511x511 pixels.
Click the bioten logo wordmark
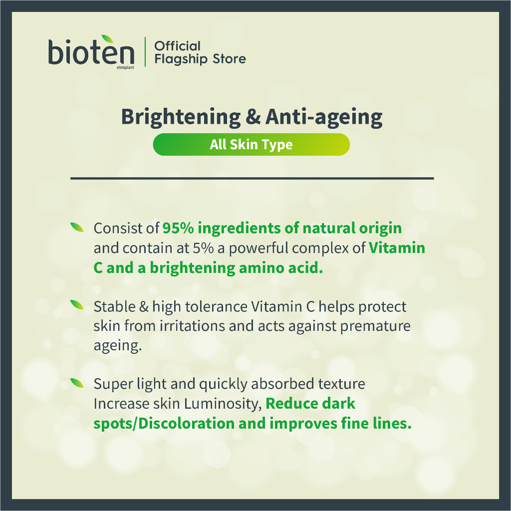pyautogui.click(x=91, y=52)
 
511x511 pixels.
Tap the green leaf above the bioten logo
pyautogui.click(x=108, y=39)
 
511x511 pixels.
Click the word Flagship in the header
pyautogui.click(x=181, y=59)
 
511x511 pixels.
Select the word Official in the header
pyautogui.click(x=177, y=46)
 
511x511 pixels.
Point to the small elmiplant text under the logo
pyautogui.click(x=125, y=67)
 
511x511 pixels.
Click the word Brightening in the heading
pyautogui.click(x=181, y=117)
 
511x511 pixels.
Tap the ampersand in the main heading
pyautogui.click(x=253, y=116)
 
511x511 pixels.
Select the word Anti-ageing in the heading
pyautogui.click(x=324, y=117)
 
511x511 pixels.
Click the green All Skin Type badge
pyautogui.click(x=252, y=144)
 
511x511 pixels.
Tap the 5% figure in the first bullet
pyautogui.click(x=203, y=248)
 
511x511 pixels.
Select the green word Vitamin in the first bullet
pyautogui.click(x=397, y=248)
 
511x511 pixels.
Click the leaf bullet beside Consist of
pyautogui.click(x=77, y=227)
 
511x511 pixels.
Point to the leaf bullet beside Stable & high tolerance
pyautogui.click(x=77, y=305)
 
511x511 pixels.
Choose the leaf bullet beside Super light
pyautogui.click(x=77, y=383)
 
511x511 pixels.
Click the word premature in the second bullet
pyautogui.click(x=375, y=326)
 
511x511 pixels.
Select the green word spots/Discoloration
pyautogui.click(x=164, y=424)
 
